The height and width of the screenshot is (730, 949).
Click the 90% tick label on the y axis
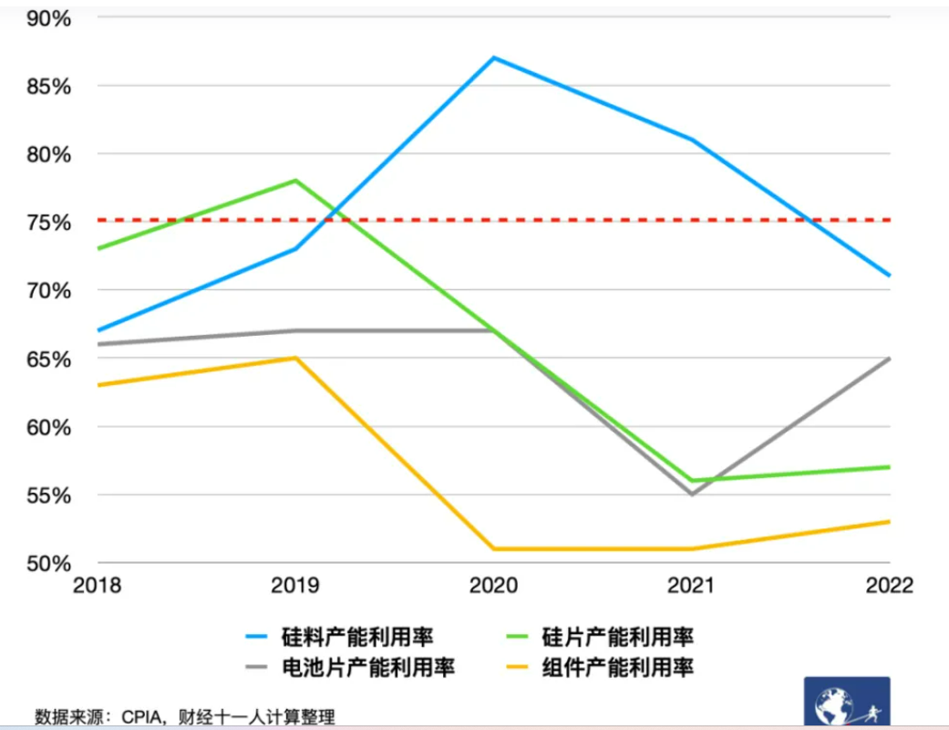(x=46, y=17)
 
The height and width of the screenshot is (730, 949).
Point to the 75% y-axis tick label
(x=46, y=222)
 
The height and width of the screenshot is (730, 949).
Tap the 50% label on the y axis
(x=46, y=563)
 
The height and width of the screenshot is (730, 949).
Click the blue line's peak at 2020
(x=493, y=57)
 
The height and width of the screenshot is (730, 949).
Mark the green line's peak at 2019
(x=295, y=181)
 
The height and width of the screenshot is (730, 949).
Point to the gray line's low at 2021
(x=692, y=495)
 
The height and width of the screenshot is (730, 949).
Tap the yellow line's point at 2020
(x=493, y=548)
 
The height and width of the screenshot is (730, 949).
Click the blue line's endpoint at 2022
(x=890, y=276)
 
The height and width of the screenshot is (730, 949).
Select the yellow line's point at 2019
(x=295, y=358)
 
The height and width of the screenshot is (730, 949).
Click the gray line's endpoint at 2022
(x=890, y=359)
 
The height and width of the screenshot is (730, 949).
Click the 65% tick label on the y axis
(x=46, y=359)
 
